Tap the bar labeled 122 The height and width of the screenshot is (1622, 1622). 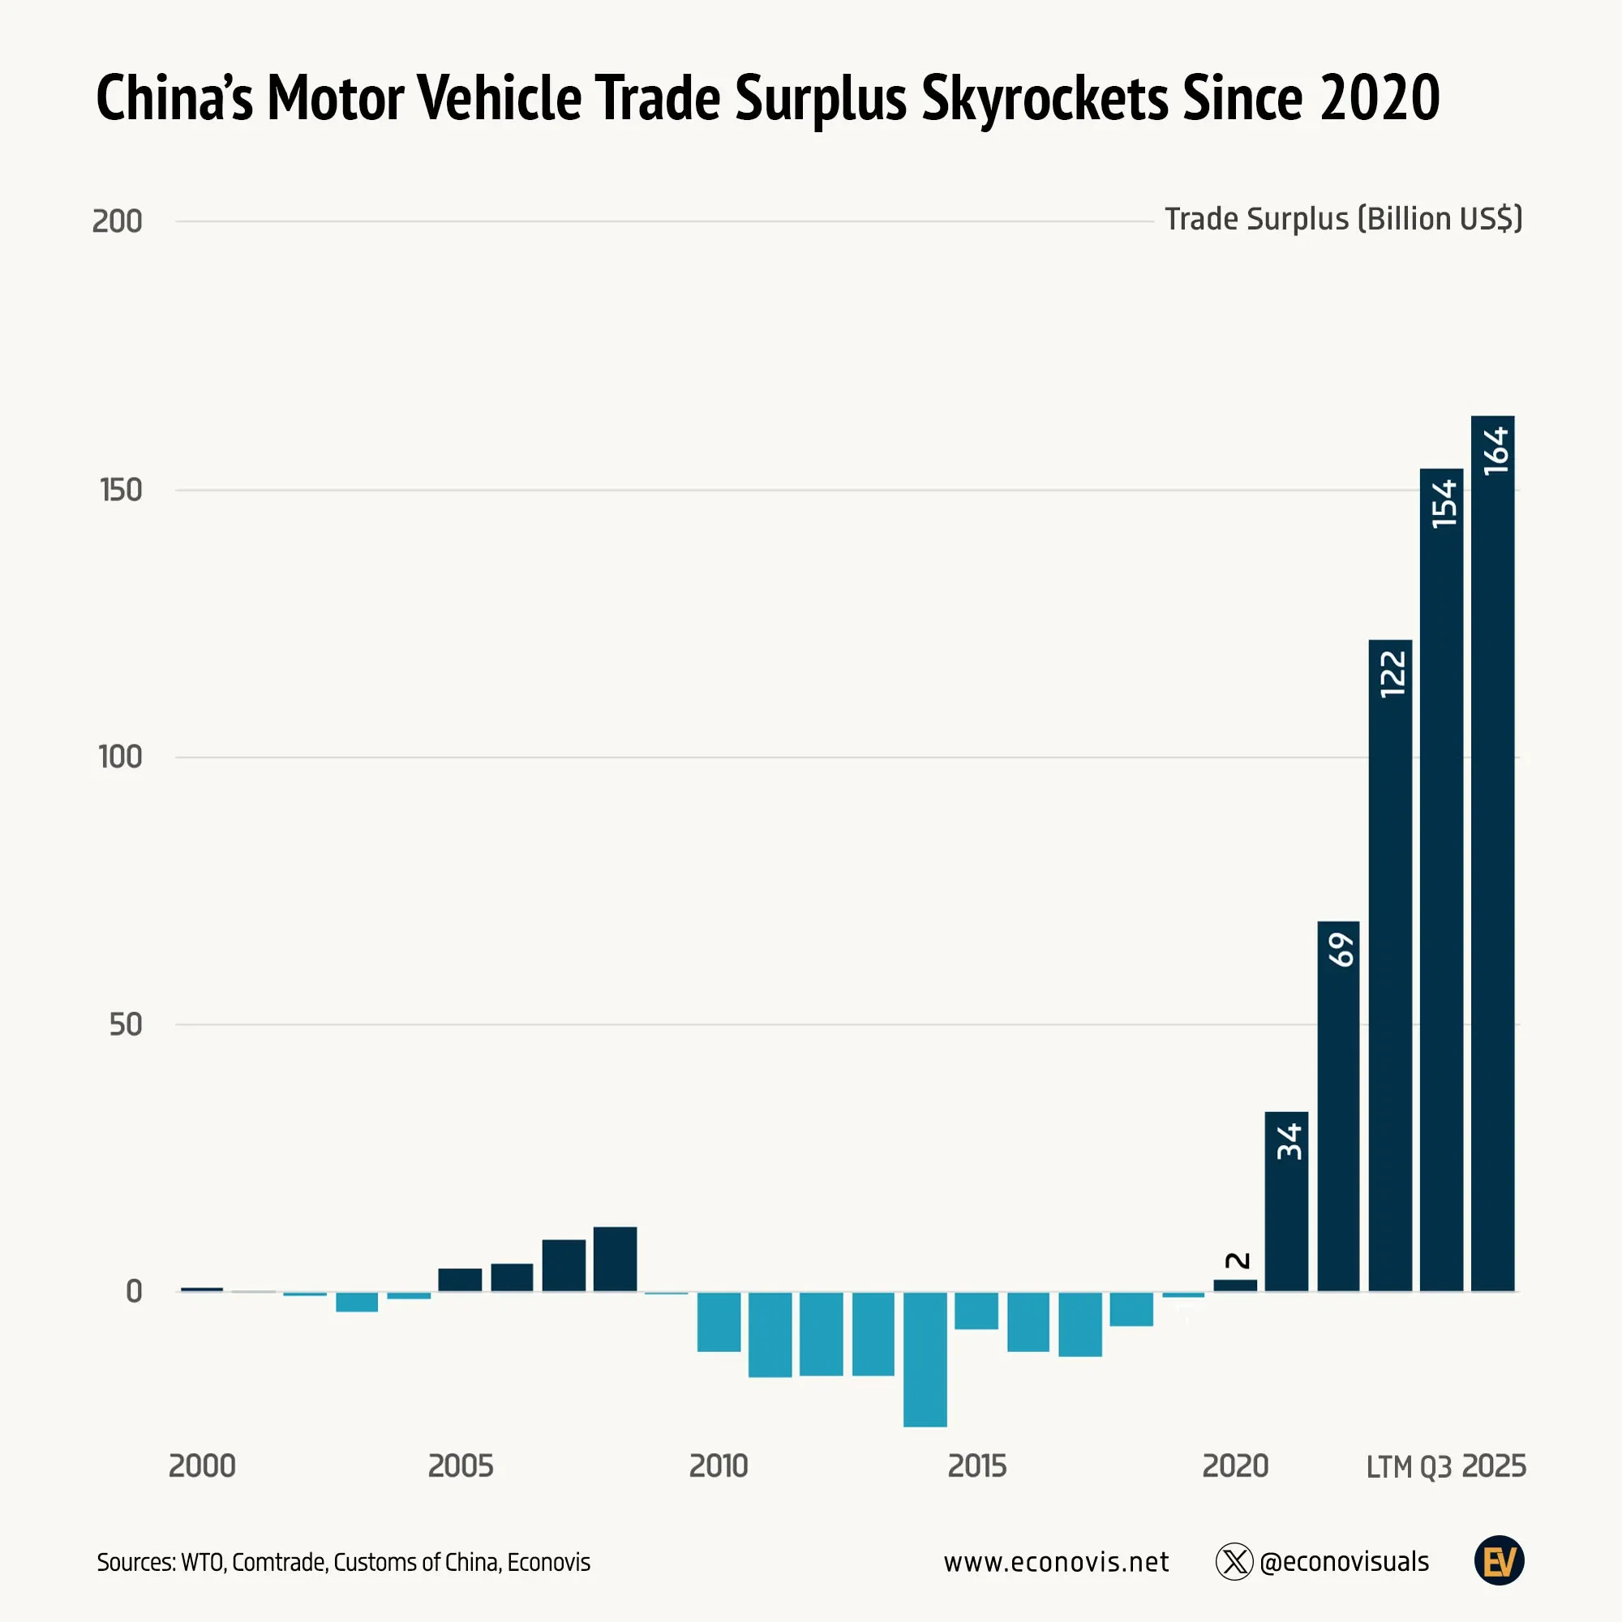1389,964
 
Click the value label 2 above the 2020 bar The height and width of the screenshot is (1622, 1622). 1237,1261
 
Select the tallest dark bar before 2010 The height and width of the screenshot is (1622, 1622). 615,1259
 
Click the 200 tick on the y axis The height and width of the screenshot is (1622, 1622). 117,221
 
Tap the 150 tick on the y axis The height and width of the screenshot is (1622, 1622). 121,491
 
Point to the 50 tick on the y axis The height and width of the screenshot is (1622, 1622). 125,1024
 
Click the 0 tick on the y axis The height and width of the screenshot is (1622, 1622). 134,1291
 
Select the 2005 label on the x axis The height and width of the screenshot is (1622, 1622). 460,1465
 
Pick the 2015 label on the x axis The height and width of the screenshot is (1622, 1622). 976,1465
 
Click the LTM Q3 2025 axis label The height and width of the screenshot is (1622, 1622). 1445,1465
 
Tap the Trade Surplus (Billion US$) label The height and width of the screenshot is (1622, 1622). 1342,219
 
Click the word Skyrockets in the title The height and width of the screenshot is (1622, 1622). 1044,98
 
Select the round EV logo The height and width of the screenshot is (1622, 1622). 1499,1560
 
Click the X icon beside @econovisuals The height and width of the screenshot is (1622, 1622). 1234,1561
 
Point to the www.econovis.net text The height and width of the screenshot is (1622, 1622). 1055,1561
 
